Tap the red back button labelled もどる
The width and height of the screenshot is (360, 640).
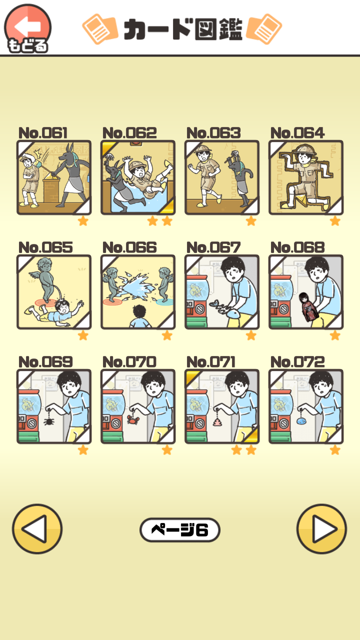[27, 28]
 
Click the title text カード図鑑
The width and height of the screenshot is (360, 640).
[183, 29]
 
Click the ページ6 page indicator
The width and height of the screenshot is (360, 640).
[179, 529]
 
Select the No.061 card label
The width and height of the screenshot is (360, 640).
[43, 133]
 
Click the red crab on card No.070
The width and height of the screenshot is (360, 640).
[133, 419]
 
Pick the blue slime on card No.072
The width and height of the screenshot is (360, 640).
[301, 421]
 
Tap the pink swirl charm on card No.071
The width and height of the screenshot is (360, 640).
[217, 421]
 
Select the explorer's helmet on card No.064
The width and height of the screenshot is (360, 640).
[305, 149]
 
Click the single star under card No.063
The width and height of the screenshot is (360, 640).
[251, 220]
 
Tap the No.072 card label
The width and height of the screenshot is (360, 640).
[297, 361]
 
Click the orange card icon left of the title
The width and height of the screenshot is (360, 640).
[100, 29]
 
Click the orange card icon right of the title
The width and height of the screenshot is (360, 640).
[264, 29]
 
